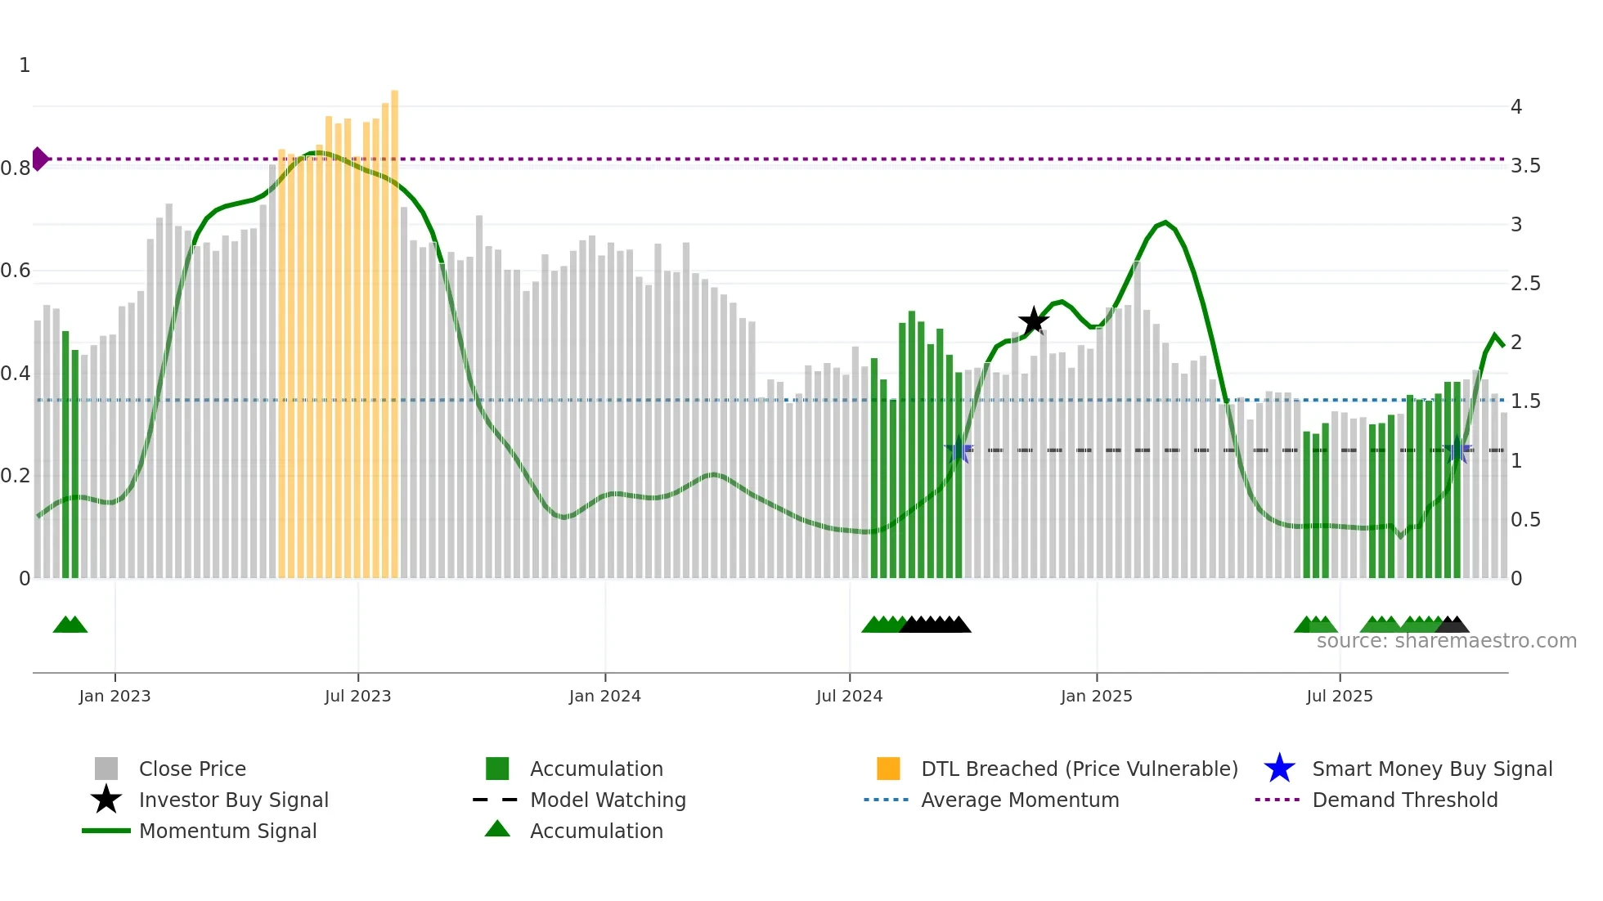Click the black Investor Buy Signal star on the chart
(x=1034, y=321)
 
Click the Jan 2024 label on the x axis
(x=604, y=696)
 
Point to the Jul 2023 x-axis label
(x=357, y=696)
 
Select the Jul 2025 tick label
(x=1339, y=696)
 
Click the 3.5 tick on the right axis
(x=1524, y=166)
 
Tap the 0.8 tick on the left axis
(x=16, y=168)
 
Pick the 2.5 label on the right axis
(x=1524, y=284)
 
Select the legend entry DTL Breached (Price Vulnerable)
(x=1079, y=769)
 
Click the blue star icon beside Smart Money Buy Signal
(x=1279, y=769)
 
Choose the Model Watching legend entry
(x=607, y=800)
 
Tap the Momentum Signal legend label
(x=227, y=831)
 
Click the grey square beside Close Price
(x=106, y=769)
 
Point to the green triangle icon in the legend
(x=497, y=830)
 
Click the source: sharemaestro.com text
(x=1446, y=641)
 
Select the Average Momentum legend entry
(x=1019, y=800)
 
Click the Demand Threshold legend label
(x=1404, y=800)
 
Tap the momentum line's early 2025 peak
(x=1165, y=222)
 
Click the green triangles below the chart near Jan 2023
(x=70, y=625)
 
